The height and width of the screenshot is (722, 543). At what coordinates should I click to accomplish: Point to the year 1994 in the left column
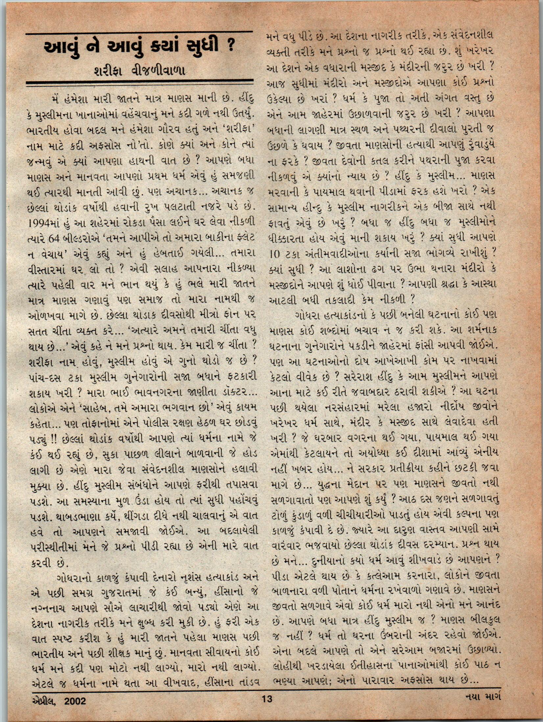[x=40, y=223]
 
